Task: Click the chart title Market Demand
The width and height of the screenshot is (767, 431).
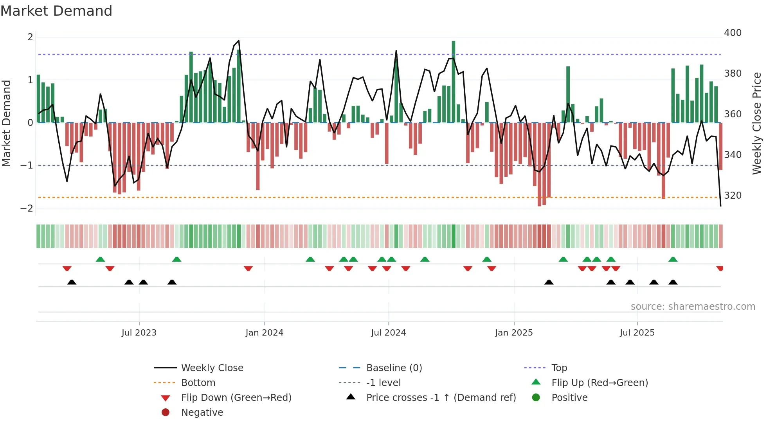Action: coord(56,11)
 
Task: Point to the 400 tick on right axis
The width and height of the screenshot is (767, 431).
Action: coord(733,33)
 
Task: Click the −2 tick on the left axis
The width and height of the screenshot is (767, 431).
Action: coord(27,208)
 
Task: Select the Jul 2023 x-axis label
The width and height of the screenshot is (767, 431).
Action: coord(139,333)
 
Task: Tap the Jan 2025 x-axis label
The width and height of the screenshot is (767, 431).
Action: coord(513,333)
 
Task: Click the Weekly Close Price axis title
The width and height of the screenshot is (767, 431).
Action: coord(757,123)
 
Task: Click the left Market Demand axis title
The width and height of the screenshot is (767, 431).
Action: coord(7,123)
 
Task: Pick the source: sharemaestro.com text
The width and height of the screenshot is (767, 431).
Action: coord(693,307)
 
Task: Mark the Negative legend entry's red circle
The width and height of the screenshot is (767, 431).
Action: coord(166,413)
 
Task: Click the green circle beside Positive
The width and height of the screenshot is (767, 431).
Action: coord(536,398)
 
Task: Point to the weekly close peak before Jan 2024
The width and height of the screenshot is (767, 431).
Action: coord(238,41)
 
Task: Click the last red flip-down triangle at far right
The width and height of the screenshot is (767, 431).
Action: coord(720,268)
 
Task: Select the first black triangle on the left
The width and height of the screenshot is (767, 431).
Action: coord(72,282)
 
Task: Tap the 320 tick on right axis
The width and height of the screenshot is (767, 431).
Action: coord(733,196)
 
